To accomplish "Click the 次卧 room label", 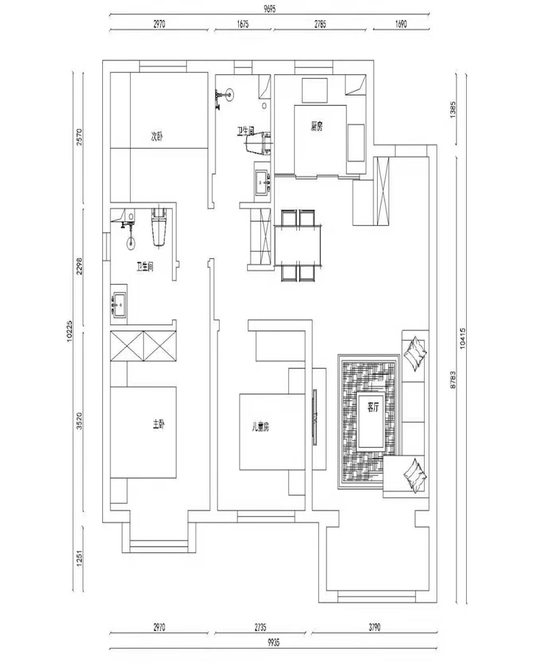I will coord(157,135).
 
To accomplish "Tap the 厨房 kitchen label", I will coord(318,127).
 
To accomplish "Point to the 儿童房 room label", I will coord(261,426).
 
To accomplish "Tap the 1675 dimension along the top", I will coord(243,24).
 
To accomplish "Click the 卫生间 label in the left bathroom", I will coord(144,267).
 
